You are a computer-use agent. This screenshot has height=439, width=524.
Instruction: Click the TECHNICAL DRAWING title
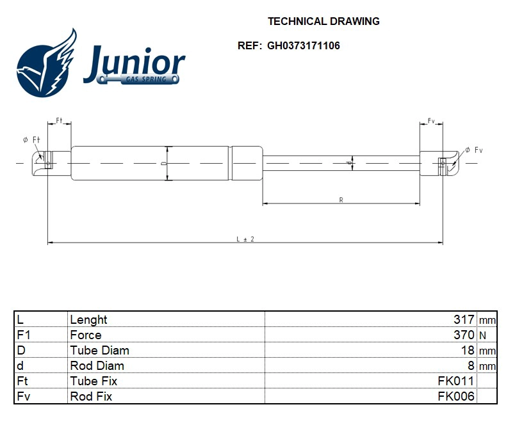point(323,21)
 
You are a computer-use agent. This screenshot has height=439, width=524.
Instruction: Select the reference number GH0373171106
point(304,46)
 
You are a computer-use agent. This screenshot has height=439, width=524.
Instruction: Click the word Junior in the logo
point(134,62)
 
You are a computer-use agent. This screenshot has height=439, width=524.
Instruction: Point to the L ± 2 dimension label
point(245,239)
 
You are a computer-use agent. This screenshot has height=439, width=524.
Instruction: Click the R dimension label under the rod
point(341,200)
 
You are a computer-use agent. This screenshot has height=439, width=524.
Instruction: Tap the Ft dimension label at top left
point(59,120)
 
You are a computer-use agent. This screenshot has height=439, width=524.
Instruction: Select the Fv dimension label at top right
point(431,120)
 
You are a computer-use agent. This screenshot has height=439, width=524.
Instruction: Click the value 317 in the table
point(463,319)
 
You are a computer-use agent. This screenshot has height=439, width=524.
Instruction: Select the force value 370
point(463,335)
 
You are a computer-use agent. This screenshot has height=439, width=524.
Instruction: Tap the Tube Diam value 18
point(468,350)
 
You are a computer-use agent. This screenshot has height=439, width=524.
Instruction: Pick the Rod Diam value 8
point(471,365)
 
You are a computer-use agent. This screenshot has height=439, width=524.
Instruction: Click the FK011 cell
point(455,381)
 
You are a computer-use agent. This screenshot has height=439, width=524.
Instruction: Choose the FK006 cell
point(455,396)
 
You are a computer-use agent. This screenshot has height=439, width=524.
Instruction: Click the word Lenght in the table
point(88,319)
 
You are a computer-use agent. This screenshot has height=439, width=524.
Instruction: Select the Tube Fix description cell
point(94,381)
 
